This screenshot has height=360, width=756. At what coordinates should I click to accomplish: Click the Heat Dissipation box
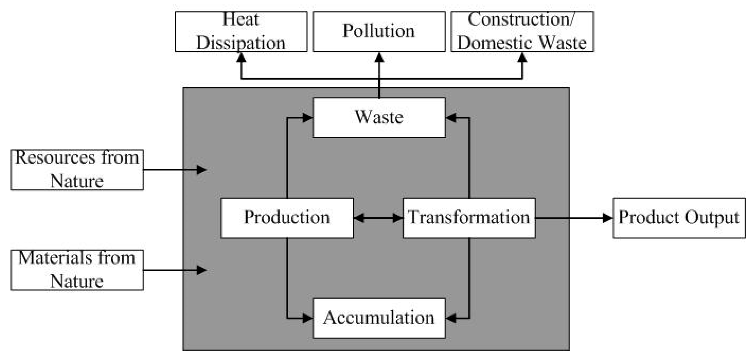pyautogui.click(x=241, y=31)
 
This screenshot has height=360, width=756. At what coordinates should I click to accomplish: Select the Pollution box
pyautogui.click(x=379, y=31)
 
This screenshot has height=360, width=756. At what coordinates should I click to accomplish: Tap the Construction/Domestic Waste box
pyautogui.click(x=522, y=31)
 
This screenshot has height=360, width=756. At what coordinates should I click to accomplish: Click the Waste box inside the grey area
pyautogui.click(x=379, y=118)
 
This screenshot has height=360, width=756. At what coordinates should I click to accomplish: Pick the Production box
pyautogui.click(x=287, y=218)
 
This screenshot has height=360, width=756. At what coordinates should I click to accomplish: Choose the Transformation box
pyautogui.click(x=469, y=218)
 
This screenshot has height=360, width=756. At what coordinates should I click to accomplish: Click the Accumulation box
pyautogui.click(x=379, y=318)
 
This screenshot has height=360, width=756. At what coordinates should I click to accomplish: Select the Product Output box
pyautogui.click(x=679, y=218)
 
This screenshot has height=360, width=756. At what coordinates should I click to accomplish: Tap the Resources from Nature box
pyautogui.click(x=77, y=170)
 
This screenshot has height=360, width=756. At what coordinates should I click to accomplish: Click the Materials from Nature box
pyautogui.click(x=77, y=270)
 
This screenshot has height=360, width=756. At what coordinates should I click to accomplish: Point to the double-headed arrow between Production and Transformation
pyautogui.click(x=378, y=218)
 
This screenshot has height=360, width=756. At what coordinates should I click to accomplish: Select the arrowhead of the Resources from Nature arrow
pyautogui.click(x=201, y=170)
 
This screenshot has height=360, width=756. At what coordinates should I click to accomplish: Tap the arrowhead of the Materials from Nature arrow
pyautogui.click(x=201, y=270)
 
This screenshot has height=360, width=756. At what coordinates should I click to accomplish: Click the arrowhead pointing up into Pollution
pyautogui.click(x=379, y=58)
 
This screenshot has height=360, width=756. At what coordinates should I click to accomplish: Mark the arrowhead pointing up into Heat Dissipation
pyautogui.click(x=241, y=58)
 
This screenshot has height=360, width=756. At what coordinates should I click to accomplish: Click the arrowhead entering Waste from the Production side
pyautogui.click(x=307, y=118)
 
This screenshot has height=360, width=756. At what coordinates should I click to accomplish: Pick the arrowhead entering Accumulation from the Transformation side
pyautogui.click(x=451, y=318)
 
